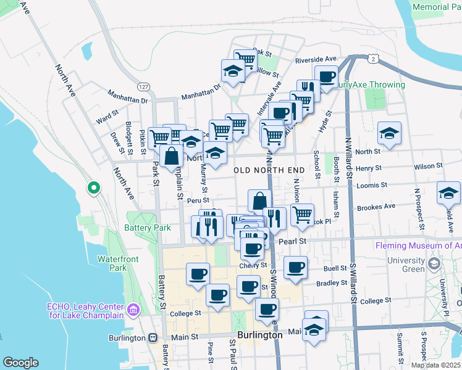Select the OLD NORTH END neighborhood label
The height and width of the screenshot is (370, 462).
[x=269, y=169]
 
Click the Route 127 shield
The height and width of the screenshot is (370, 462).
[x=143, y=86]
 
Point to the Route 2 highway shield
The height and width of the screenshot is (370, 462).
[x=374, y=59]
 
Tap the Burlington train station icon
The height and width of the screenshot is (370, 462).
[x=153, y=337]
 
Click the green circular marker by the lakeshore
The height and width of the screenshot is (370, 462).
[x=94, y=187]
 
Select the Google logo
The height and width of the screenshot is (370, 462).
[x=20, y=363]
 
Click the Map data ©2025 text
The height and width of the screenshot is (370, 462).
[x=435, y=365]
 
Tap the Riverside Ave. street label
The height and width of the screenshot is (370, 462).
[x=316, y=59]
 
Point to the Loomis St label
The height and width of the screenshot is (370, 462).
[x=376, y=184]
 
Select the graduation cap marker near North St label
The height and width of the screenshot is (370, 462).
[x=389, y=134]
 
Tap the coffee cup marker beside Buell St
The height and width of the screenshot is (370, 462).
[x=295, y=268]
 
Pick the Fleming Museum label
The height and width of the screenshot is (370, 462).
[x=418, y=245]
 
